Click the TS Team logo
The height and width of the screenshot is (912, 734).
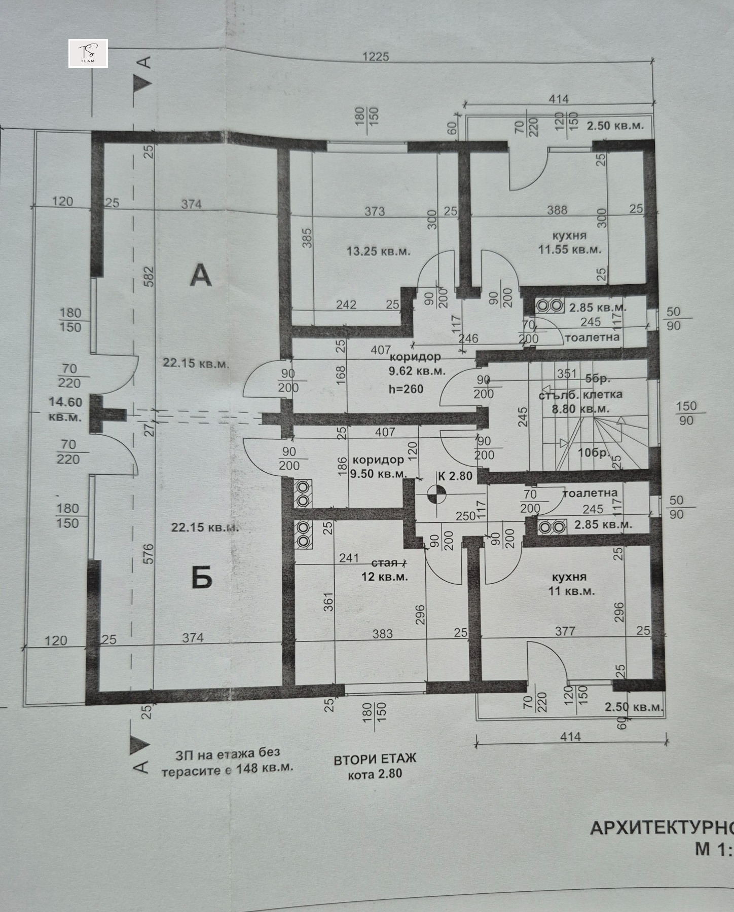pos(88,53)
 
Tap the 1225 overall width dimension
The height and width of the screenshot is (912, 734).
pos(376,57)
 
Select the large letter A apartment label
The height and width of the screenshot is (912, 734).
pos(201,276)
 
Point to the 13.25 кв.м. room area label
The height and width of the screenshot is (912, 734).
pos(378,251)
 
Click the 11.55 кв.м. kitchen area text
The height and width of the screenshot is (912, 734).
pos(569,250)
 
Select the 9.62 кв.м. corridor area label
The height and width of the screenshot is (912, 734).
pos(417,371)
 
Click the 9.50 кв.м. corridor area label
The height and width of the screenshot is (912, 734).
pos(379,474)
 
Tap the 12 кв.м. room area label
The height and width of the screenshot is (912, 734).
pos(384,577)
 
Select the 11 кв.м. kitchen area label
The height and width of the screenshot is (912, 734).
pos(571,591)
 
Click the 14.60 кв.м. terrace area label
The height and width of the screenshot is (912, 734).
pos(65,409)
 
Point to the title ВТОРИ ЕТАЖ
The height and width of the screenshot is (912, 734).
pos(375,759)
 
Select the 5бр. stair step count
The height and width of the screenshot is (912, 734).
pos(598,378)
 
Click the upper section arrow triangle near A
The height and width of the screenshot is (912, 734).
pos(143,84)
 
